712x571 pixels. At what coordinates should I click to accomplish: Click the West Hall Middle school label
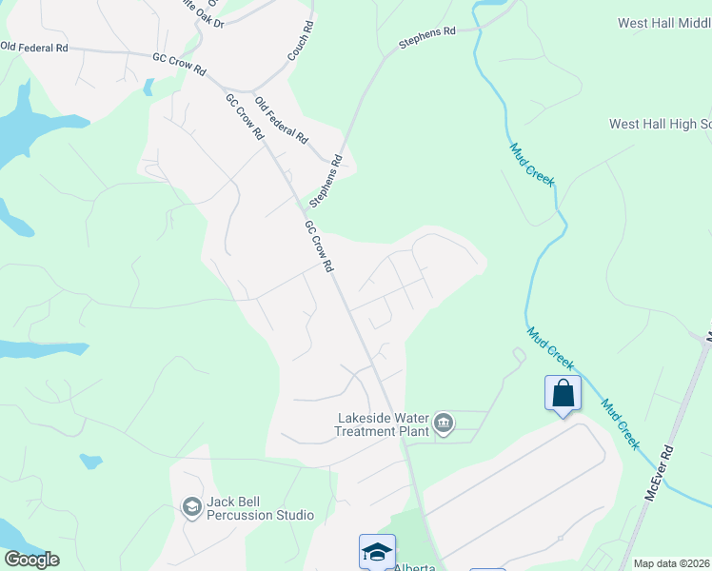(x=663, y=23)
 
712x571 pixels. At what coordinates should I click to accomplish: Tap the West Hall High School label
(x=660, y=125)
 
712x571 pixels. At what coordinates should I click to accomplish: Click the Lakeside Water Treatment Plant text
(x=380, y=424)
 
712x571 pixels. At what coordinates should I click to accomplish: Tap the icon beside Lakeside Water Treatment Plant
(x=443, y=423)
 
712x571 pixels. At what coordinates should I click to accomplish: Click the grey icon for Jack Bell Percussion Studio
(x=191, y=507)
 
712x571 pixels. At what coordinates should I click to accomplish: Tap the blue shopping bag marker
(x=563, y=393)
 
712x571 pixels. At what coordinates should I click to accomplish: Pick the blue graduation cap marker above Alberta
(x=377, y=552)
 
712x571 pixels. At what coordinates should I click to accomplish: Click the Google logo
(x=31, y=560)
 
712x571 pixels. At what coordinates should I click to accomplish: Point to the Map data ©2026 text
(x=671, y=563)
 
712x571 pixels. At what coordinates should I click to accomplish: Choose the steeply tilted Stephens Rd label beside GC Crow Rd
(x=325, y=183)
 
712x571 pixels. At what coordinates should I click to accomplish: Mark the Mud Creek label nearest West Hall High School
(x=531, y=164)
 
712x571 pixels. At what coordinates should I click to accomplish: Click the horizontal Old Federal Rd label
(x=34, y=46)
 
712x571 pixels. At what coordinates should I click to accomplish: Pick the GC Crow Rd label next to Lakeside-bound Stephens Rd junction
(x=317, y=246)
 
